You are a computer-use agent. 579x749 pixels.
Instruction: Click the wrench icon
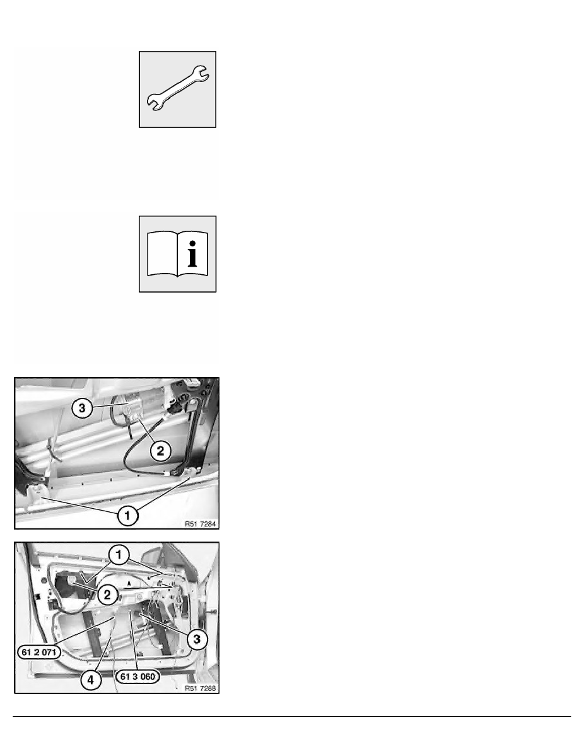[x=177, y=89]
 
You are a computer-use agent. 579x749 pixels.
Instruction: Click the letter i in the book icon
[x=192, y=253]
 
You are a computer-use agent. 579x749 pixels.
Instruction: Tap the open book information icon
[x=177, y=253]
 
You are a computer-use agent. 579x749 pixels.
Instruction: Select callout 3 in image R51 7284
[x=82, y=409]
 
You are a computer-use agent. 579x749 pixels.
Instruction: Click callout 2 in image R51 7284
[x=160, y=450]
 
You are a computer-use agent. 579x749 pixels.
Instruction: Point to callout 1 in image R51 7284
[x=127, y=516]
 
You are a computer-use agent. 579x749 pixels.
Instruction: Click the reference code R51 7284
[x=200, y=524]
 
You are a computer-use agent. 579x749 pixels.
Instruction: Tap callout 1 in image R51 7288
[x=119, y=555]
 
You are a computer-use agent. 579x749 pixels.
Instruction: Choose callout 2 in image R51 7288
[x=107, y=595]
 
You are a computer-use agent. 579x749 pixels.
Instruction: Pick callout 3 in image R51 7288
[x=197, y=639]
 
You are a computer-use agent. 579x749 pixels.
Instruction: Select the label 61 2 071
[x=39, y=652]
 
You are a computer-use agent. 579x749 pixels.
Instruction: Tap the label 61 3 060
[x=137, y=676]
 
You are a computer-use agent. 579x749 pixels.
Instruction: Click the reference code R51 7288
[x=200, y=688]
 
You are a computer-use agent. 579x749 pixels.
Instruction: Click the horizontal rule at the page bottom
[x=292, y=716]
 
